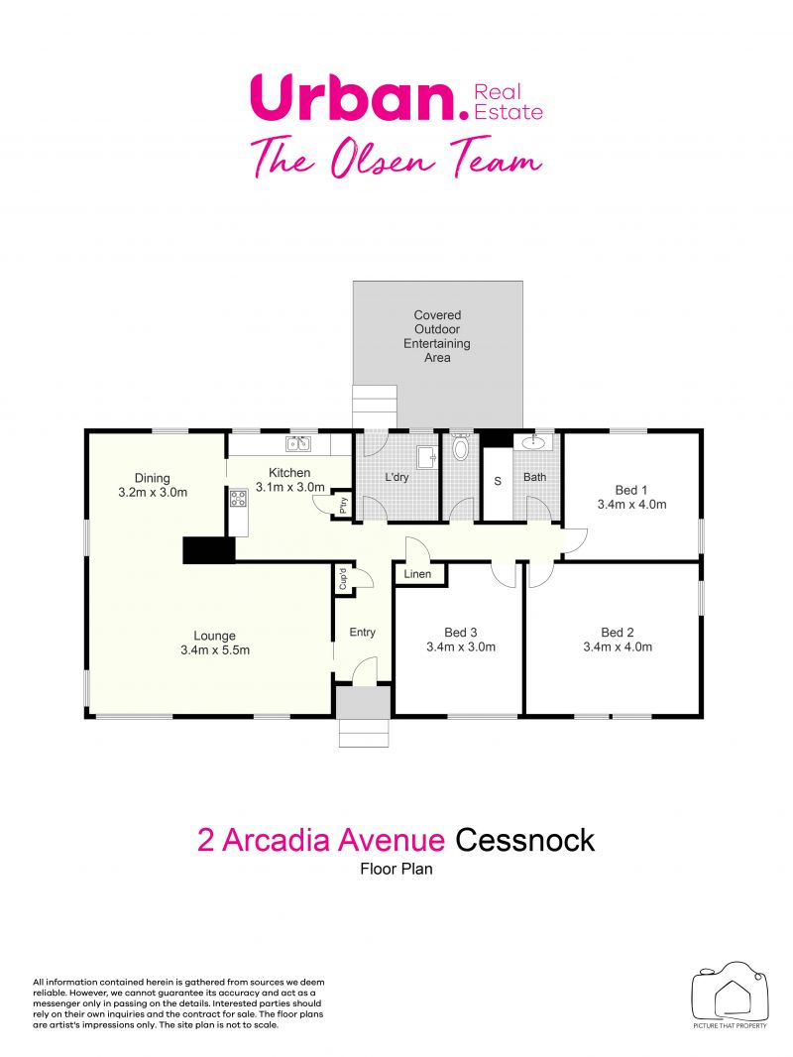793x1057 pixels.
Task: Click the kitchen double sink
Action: tap(297, 443)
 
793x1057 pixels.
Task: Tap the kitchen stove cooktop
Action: tap(238, 499)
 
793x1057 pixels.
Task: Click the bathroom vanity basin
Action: tap(533, 442)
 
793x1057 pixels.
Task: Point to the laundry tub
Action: tap(426, 457)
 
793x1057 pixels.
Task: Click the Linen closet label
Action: tap(417, 574)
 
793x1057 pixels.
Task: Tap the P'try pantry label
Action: tap(343, 505)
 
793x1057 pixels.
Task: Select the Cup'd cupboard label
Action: tap(343, 579)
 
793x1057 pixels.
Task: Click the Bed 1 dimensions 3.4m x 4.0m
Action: tap(632, 505)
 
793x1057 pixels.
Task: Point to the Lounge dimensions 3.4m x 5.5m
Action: tap(215, 650)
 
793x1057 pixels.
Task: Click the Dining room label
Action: tap(153, 478)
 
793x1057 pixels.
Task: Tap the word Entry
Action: tap(363, 633)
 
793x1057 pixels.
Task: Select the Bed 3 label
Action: tap(461, 633)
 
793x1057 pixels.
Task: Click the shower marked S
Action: tap(498, 481)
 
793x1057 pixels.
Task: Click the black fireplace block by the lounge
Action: tap(209, 550)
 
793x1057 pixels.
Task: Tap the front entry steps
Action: tap(365, 732)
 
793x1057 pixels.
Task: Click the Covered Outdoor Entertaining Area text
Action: tap(437, 336)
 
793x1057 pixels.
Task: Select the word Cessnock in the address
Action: tap(525, 841)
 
